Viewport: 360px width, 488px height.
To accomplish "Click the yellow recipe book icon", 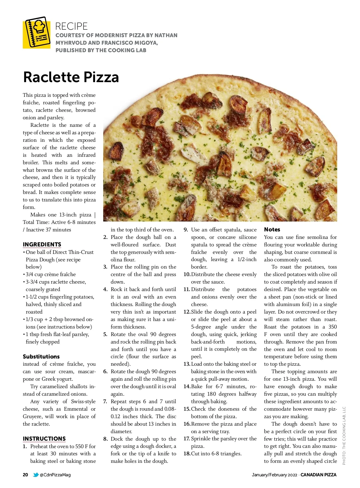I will pos(37,33).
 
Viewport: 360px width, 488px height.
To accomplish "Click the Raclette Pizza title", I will pos(71,77).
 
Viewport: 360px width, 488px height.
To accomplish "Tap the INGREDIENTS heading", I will pos(42,245).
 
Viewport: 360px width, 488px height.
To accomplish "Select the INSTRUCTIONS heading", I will pos(44,439).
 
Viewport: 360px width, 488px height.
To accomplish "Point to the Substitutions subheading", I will pos(41,357).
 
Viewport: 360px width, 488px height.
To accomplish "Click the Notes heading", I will pos(272,230).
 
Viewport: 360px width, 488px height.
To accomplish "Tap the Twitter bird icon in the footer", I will pos(36,475).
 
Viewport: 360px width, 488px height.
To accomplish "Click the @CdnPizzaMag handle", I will pos(55,475).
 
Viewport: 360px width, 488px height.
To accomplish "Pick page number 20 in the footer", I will pos(25,475).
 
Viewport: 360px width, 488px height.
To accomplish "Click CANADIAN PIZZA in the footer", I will pos(318,475).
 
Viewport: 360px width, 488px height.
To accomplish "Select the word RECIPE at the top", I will pos(71,26).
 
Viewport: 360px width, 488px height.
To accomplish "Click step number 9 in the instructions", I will pos(186,230).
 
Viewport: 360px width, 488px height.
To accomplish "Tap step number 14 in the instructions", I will pos(187,387).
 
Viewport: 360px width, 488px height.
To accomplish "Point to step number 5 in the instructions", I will pos(105,335).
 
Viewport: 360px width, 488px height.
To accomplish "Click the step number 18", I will pos(187,454).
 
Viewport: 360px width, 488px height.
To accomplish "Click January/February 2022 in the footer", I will pos(274,475).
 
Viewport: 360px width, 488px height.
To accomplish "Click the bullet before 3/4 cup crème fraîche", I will pos(24,275).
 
